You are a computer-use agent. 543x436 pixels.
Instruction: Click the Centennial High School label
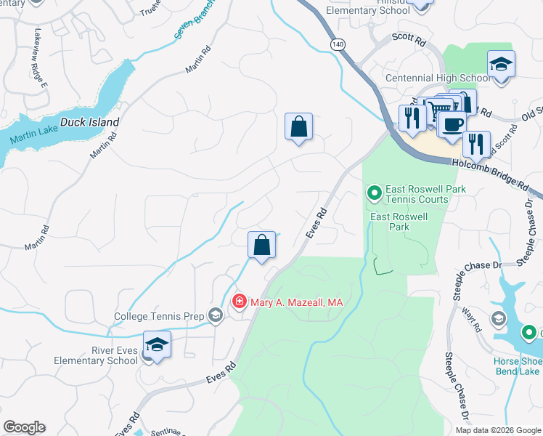point(437,78)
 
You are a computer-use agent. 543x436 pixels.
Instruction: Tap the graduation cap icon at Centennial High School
point(501,64)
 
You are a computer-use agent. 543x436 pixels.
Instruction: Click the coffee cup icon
point(452,124)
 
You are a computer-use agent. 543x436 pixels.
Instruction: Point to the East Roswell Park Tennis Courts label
point(426,194)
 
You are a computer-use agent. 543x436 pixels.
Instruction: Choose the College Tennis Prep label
point(160,316)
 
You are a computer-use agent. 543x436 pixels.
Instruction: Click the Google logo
point(24,427)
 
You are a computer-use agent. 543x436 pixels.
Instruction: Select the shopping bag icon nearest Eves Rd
point(262,245)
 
